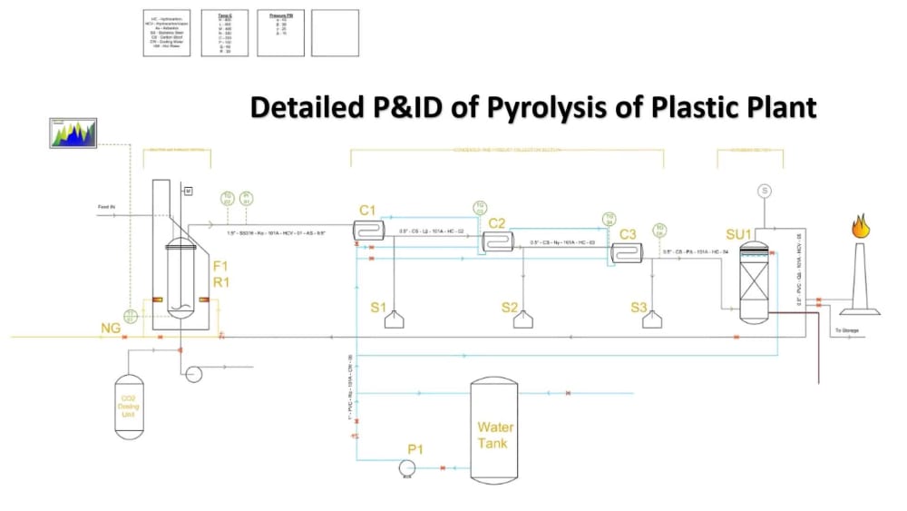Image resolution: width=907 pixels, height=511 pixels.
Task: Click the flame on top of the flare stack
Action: [861, 225]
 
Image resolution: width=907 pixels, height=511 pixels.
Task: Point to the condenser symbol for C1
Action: [369, 229]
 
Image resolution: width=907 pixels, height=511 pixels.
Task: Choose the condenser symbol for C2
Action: [497, 241]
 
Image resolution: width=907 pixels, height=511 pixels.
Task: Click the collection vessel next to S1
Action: [395, 319]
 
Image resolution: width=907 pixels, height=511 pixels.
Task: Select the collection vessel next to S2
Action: [523, 319]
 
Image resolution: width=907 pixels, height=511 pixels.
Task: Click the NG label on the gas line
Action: [111, 328]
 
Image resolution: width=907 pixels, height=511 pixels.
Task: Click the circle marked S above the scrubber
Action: [765, 191]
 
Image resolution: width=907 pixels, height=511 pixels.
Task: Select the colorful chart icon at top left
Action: [73, 133]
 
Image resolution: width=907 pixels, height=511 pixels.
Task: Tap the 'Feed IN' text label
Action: [108, 208]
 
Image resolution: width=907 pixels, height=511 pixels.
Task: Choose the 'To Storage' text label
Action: [846, 330]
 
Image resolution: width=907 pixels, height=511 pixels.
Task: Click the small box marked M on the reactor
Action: [188, 192]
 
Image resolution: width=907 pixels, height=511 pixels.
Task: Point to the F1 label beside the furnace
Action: [220, 266]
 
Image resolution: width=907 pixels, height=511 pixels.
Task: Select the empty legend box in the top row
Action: [335, 34]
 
